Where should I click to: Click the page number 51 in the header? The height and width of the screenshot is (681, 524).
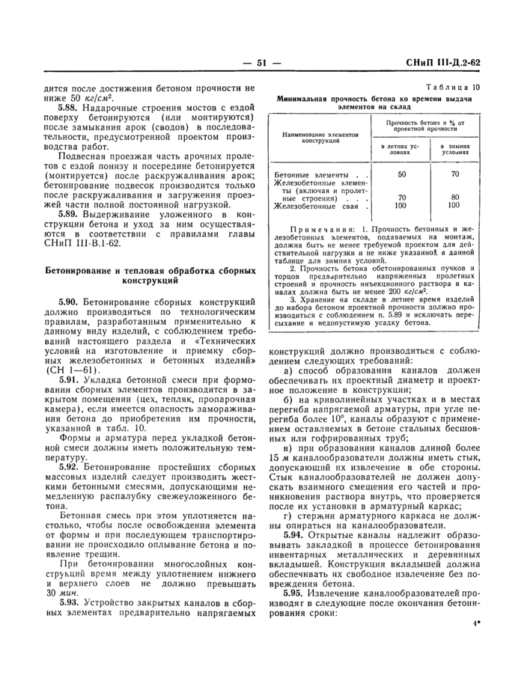[x=261, y=64]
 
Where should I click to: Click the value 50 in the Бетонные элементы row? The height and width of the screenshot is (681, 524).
[x=401, y=175]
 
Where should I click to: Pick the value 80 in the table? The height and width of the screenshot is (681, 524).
[x=455, y=198]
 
